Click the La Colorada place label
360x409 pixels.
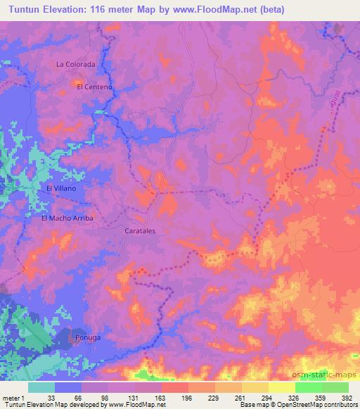click(x=75, y=64)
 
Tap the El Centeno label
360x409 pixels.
click(x=94, y=86)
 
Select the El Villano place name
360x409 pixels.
click(x=60, y=188)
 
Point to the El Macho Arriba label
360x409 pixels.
click(x=67, y=218)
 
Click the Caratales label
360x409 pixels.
click(x=139, y=230)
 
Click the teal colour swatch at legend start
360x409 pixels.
click(x=41, y=387)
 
